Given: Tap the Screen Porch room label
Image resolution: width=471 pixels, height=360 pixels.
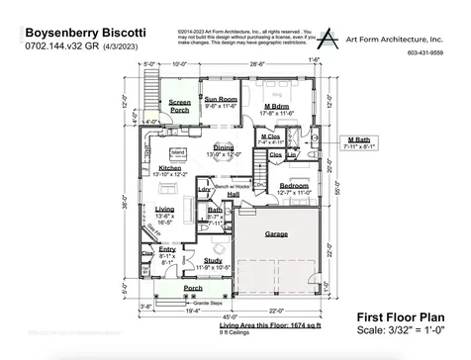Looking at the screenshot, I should point(179,102).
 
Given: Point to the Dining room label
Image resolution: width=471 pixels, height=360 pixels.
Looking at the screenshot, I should point(224,147).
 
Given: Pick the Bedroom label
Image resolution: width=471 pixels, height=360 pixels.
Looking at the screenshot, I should point(294,185).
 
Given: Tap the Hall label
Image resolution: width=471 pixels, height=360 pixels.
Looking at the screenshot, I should point(234,195).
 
